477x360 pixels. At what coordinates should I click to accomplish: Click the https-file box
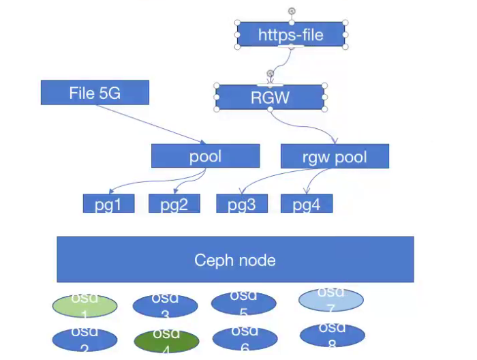[291, 34]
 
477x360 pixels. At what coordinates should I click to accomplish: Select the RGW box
[270, 97]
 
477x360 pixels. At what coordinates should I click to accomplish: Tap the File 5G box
[95, 93]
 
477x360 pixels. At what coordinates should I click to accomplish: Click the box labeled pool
[205, 156]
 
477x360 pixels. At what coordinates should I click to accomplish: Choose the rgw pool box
[335, 156]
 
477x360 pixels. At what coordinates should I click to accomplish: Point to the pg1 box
[109, 203]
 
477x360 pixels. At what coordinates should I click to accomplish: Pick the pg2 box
[174, 203]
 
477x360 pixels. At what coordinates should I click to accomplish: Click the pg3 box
[242, 203]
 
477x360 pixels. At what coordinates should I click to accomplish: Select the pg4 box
[307, 203]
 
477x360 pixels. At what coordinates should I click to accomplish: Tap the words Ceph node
[235, 260]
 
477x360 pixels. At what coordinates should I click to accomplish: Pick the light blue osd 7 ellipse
[331, 299]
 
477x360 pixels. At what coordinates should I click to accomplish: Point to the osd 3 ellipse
[165, 307]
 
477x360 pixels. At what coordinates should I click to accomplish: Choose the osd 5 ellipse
[243, 304]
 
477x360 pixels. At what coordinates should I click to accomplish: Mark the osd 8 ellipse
[333, 335]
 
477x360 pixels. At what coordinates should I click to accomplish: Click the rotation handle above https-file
[292, 11]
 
